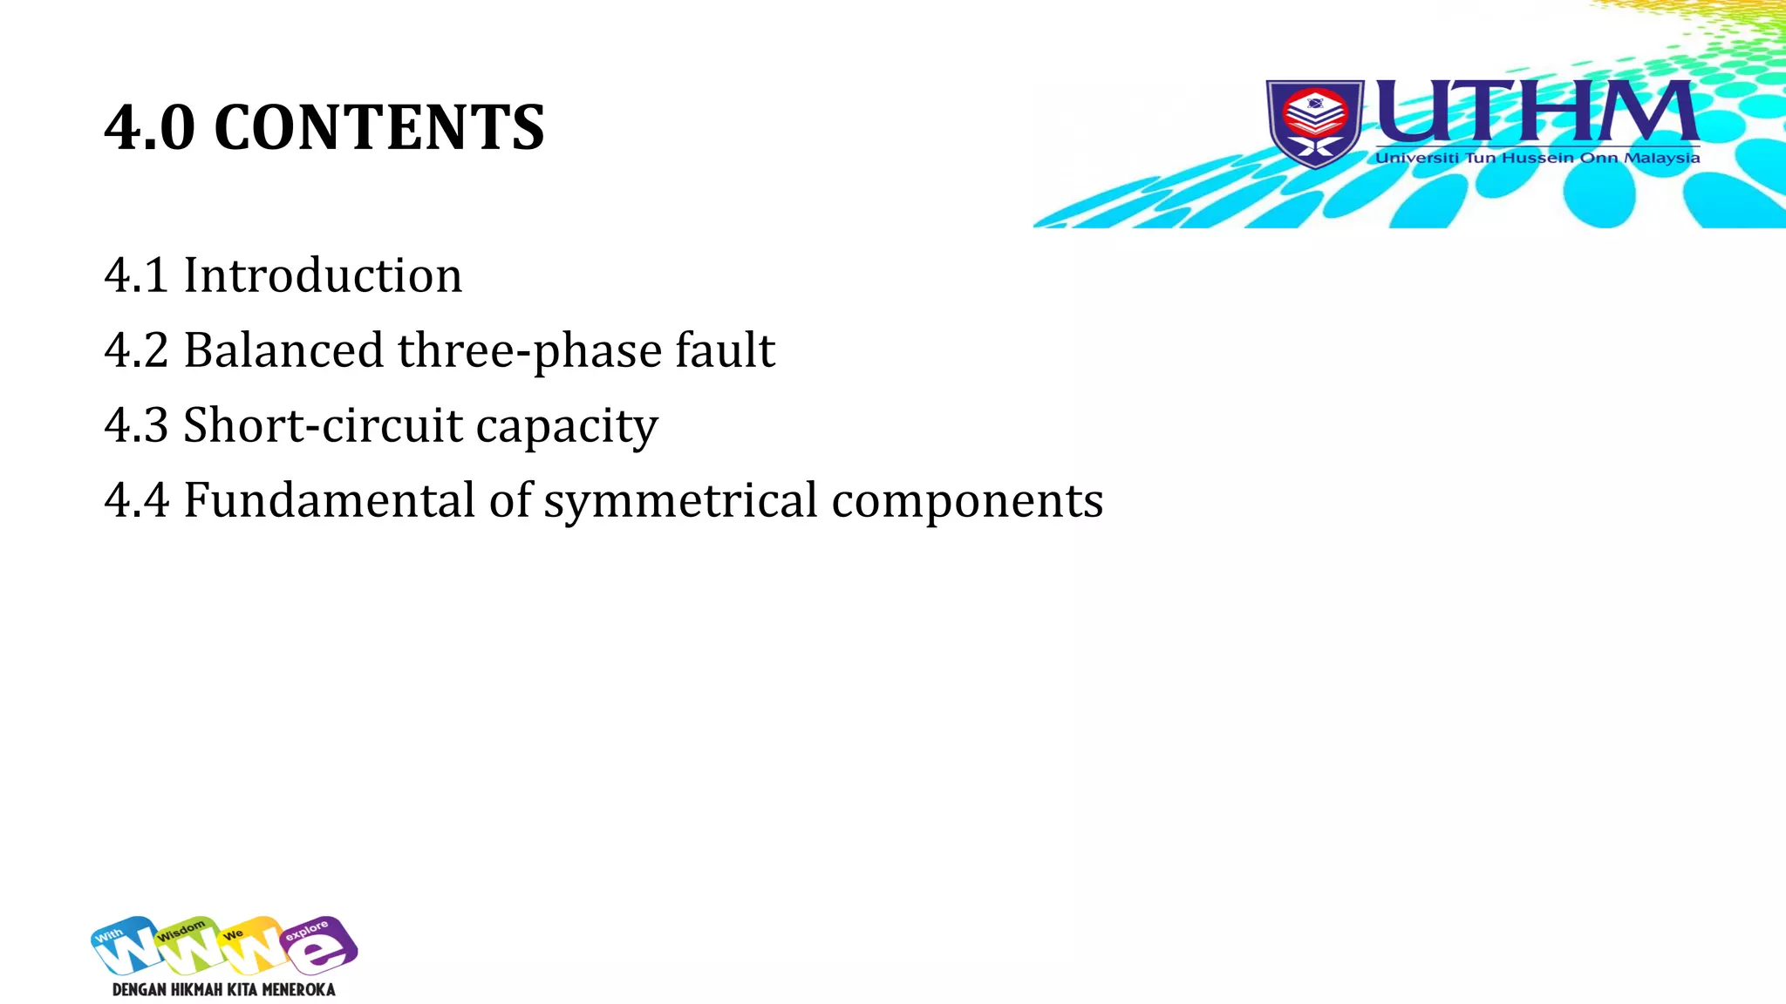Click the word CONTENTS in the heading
tap(378, 128)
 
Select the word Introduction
tap(323, 275)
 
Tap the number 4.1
tap(136, 275)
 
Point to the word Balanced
tap(283, 350)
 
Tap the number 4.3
tap(136, 425)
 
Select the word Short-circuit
tap(324, 425)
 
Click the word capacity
tap(567, 427)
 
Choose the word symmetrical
tap(681, 502)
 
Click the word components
tap(967, 502)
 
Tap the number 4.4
tap(136, 500)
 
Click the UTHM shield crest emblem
tap(1315, 123)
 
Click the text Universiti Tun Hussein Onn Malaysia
tap(1537, 158)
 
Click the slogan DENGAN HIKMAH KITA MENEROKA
tap(224, 990)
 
